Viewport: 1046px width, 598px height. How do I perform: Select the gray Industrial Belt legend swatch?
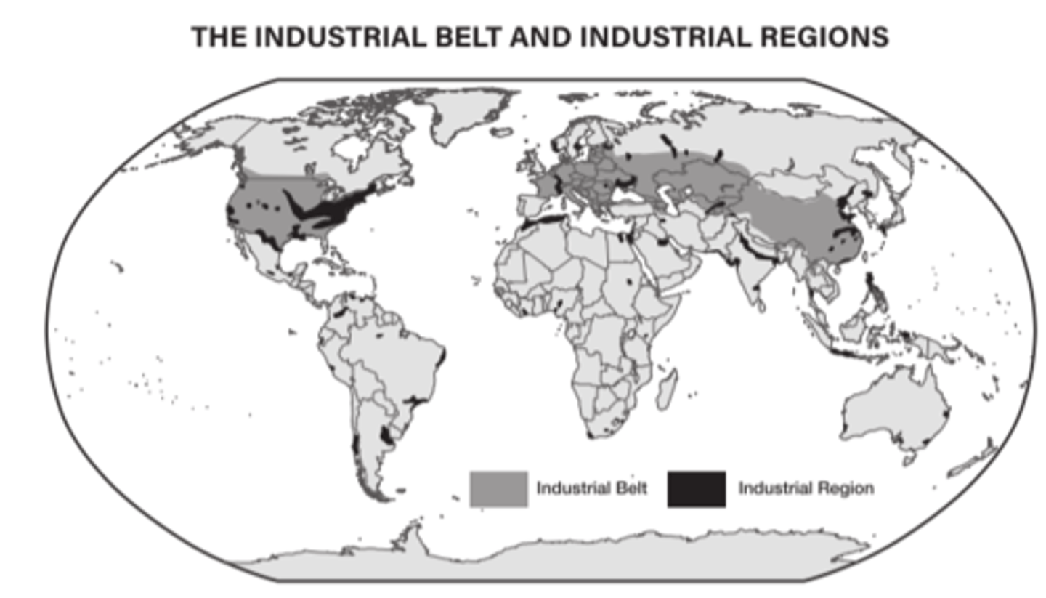(498, 489)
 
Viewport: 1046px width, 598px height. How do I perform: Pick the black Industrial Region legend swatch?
(696, 489)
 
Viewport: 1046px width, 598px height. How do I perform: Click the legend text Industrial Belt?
(591, 488)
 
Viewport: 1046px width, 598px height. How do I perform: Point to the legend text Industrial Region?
(806, 488)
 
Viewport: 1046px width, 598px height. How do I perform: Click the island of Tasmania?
(907, 458)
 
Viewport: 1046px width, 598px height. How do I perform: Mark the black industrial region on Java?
(854, 354)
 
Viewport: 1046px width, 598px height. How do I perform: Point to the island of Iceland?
(500, 133)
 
